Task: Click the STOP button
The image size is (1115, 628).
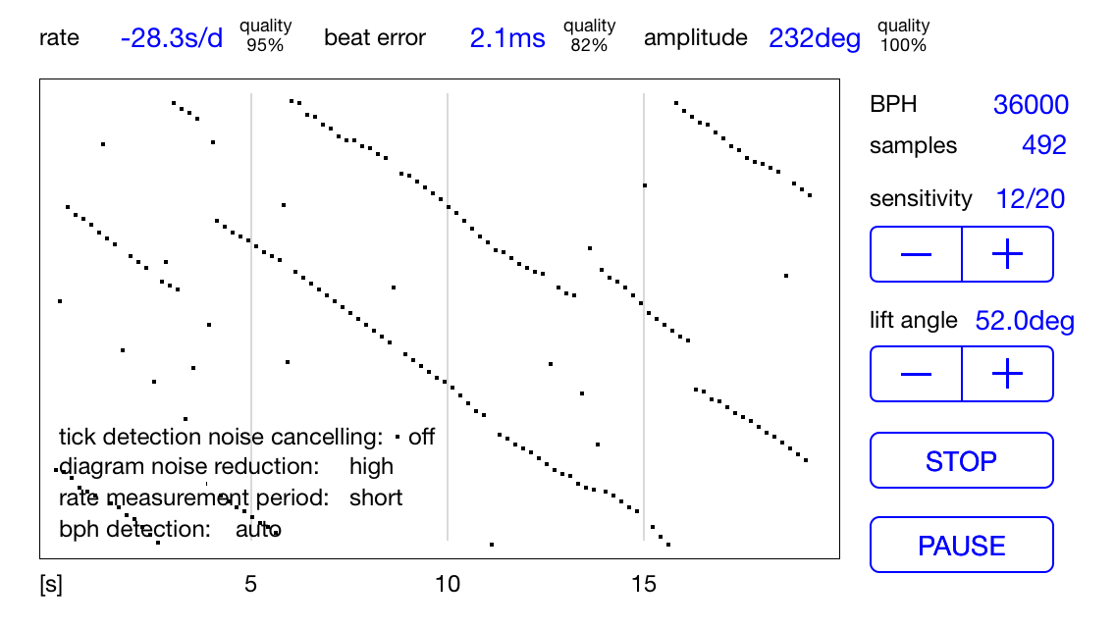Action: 961,460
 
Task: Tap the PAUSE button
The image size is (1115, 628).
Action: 961,546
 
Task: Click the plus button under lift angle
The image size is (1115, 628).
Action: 1007,374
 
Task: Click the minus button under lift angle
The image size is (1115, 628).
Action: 916,374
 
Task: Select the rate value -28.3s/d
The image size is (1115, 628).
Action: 172,38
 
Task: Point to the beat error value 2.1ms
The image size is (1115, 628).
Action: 507,38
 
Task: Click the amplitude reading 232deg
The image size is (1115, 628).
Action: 815,38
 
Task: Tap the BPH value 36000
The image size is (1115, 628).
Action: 1031,105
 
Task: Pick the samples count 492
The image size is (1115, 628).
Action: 1044,145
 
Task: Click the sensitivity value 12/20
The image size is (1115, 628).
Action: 1031,199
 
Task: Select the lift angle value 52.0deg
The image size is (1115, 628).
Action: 1024,321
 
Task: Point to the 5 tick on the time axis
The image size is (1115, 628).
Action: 250,584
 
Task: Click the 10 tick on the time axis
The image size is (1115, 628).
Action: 448,584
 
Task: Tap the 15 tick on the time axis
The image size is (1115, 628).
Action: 643,584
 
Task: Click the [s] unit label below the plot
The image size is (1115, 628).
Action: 50,585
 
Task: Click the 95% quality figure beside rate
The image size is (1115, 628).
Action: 264,45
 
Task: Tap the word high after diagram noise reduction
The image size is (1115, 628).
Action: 371,466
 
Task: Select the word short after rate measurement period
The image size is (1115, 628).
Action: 376,497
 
